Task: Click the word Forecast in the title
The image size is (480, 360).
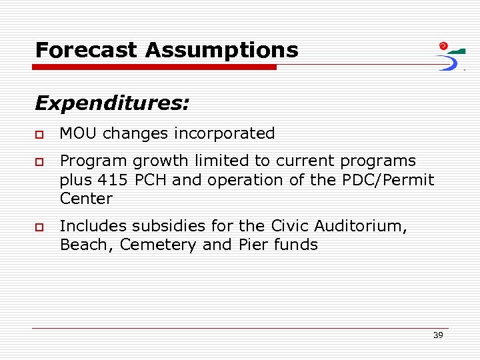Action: click(x=87, y=50)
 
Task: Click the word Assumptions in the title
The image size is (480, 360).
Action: click(x=222, y=50)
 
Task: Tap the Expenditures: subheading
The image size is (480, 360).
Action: click(x=112, y=103)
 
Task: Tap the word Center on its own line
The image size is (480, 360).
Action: click(x=86, y=199)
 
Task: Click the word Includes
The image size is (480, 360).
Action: click(x=90, y=226)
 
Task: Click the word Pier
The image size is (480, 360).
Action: click(x=252, y=245)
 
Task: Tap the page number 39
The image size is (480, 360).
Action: click(x=437, y=335)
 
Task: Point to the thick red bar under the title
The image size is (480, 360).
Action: click(x=155, y=67)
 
